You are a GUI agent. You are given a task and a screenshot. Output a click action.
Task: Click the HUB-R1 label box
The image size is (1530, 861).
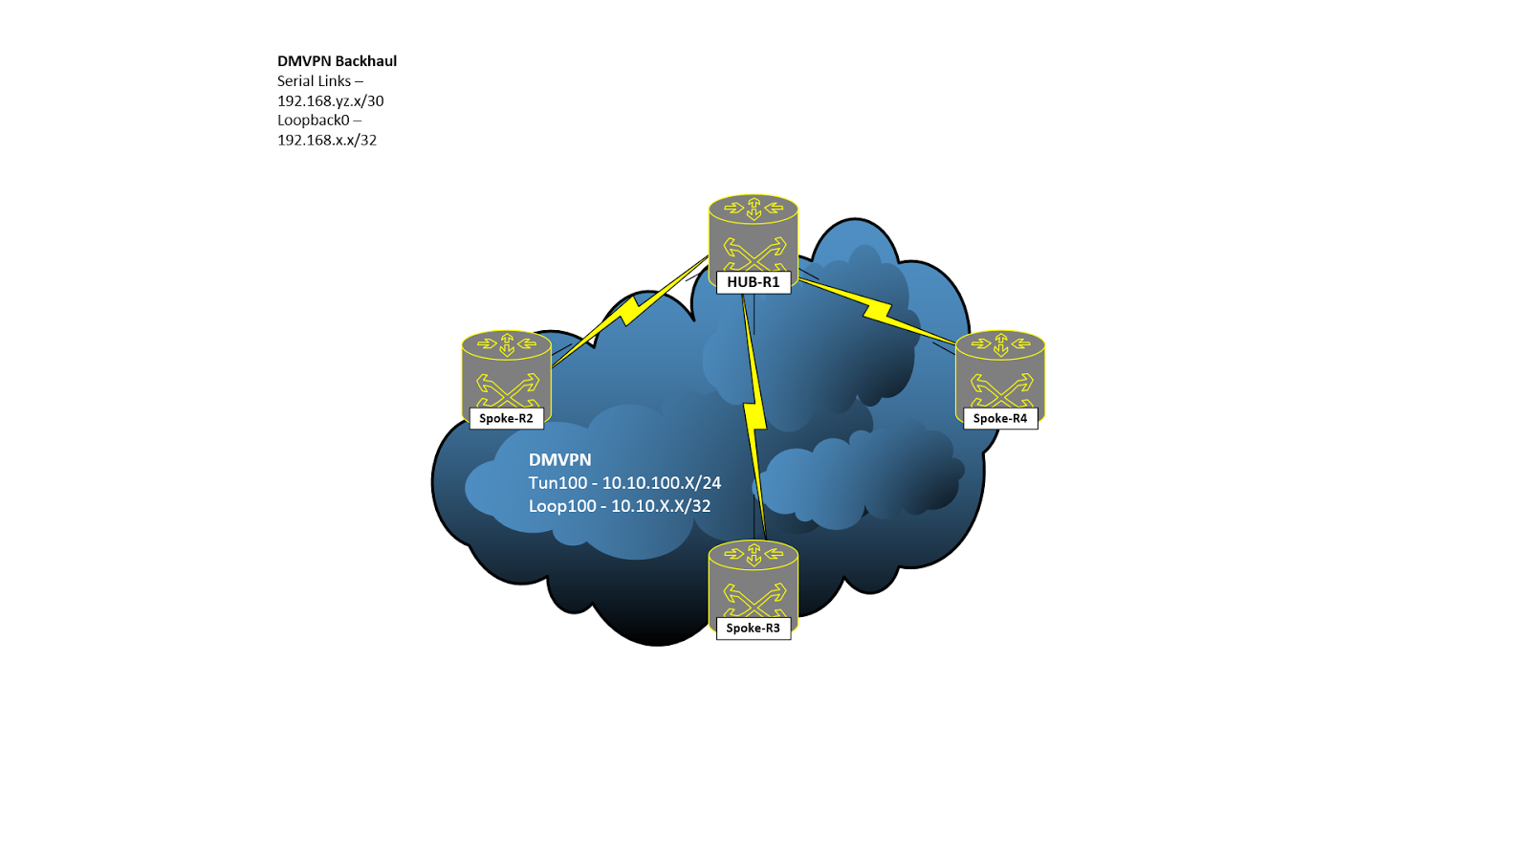[x=754, y=282]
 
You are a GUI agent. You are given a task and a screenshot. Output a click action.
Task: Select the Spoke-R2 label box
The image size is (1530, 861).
[x=506, y=418]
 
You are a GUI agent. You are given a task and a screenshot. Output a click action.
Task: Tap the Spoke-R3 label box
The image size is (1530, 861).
[x=754, y=628]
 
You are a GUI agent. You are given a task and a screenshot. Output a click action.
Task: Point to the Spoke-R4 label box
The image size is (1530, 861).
[x=1000, y=418]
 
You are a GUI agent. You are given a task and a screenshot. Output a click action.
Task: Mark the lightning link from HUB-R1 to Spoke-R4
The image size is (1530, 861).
[x=878, y=311]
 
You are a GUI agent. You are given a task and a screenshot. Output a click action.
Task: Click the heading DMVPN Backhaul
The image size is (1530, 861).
[x=337, y=61]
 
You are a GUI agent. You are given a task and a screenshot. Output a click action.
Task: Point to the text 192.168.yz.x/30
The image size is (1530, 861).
[x=331, y=101]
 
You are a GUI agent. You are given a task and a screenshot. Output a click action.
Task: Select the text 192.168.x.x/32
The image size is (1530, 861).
[x=327, y=140]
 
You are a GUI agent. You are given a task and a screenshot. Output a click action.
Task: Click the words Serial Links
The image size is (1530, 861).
[x=315, y=80]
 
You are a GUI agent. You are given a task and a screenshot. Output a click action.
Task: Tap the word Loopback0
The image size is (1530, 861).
[x=314, y=121]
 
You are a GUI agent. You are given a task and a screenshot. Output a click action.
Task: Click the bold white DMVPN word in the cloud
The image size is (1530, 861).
[x=560, y=460]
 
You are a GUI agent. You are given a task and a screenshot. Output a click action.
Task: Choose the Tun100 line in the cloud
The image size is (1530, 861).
[x=625, y=483]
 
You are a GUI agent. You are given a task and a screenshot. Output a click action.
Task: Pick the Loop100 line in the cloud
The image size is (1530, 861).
[x=620, y=506]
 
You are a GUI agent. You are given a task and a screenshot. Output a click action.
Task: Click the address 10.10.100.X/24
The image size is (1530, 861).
[x=661, y=483]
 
